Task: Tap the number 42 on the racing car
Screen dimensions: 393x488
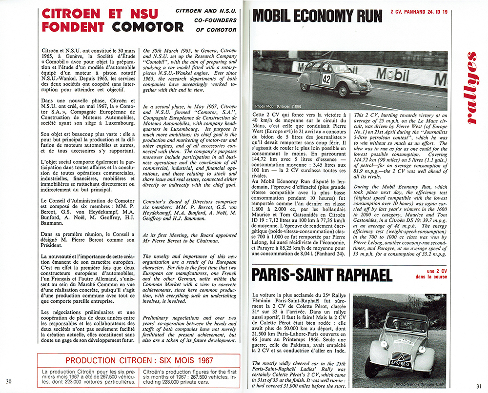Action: pyautogui.click(x=326, y=79)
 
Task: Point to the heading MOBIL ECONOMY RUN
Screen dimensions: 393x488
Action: pyautogui.click(x=317, y=17)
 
